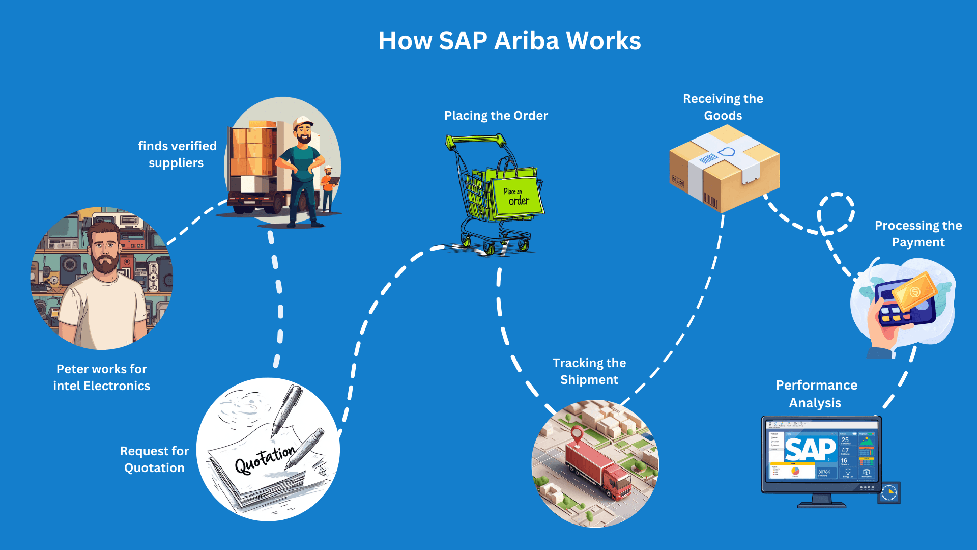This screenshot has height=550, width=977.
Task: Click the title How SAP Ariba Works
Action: coord(509,41)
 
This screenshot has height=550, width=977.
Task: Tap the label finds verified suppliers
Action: coord(177,154)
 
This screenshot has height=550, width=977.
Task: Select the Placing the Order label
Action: coord(496,116)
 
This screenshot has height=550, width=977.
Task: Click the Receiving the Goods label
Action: coord(723,107)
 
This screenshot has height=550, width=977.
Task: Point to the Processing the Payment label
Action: coord(918,234)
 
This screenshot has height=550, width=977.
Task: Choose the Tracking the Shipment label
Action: coord(589,371)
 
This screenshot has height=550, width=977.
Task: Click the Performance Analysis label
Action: coord(816,394)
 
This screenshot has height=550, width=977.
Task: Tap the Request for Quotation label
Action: coord(154,459)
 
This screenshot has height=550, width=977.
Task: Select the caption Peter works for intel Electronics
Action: coord(102,377)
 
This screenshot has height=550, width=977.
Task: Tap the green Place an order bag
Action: coord(515,196)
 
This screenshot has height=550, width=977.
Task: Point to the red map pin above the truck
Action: coord(577,435)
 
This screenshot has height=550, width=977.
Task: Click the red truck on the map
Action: coord(598,469)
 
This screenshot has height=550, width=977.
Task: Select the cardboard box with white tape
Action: coord(724,168)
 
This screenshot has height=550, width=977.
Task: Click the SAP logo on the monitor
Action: coord(810,449)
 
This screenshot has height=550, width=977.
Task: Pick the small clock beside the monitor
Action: coord(889,492)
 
